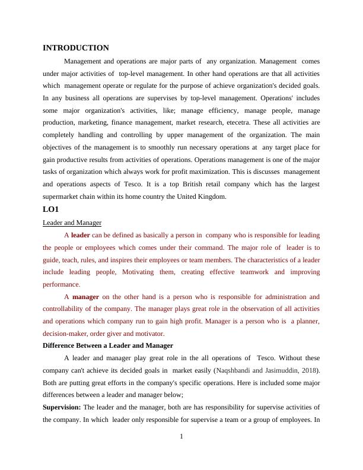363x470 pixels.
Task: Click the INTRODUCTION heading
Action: pos(76,48)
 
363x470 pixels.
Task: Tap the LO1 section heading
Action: pos(51,209)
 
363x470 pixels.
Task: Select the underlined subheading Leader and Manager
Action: pos(72,223)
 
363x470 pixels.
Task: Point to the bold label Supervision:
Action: pos(62,407)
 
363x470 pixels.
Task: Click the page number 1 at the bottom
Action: pos(181,437)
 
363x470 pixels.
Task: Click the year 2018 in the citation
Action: pos(307,370)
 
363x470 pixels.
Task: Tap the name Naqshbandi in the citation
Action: pos(233,370)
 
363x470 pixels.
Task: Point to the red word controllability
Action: pos(68,309)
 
